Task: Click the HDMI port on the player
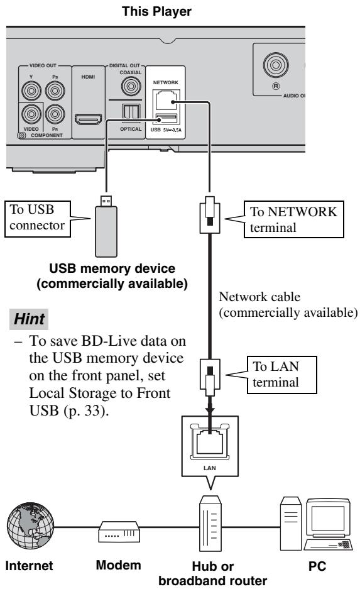pos(88,119)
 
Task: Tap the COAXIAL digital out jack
pos(131,86)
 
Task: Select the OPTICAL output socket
pos(131,111)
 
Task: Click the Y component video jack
pos(31,91)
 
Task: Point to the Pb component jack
pos(55,91)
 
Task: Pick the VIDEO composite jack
pos(31,114)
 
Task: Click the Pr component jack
pos(55,114)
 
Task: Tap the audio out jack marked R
pos(276,65)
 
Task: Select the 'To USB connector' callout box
pos(38,219)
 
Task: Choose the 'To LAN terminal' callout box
pos(281,375)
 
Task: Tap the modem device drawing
pos(119,531)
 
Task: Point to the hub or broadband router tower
pos(210,523)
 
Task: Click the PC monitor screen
pos(328,519)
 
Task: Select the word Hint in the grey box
pos(29,319)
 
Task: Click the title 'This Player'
pos(156,11)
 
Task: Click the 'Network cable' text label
pos(259,297)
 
